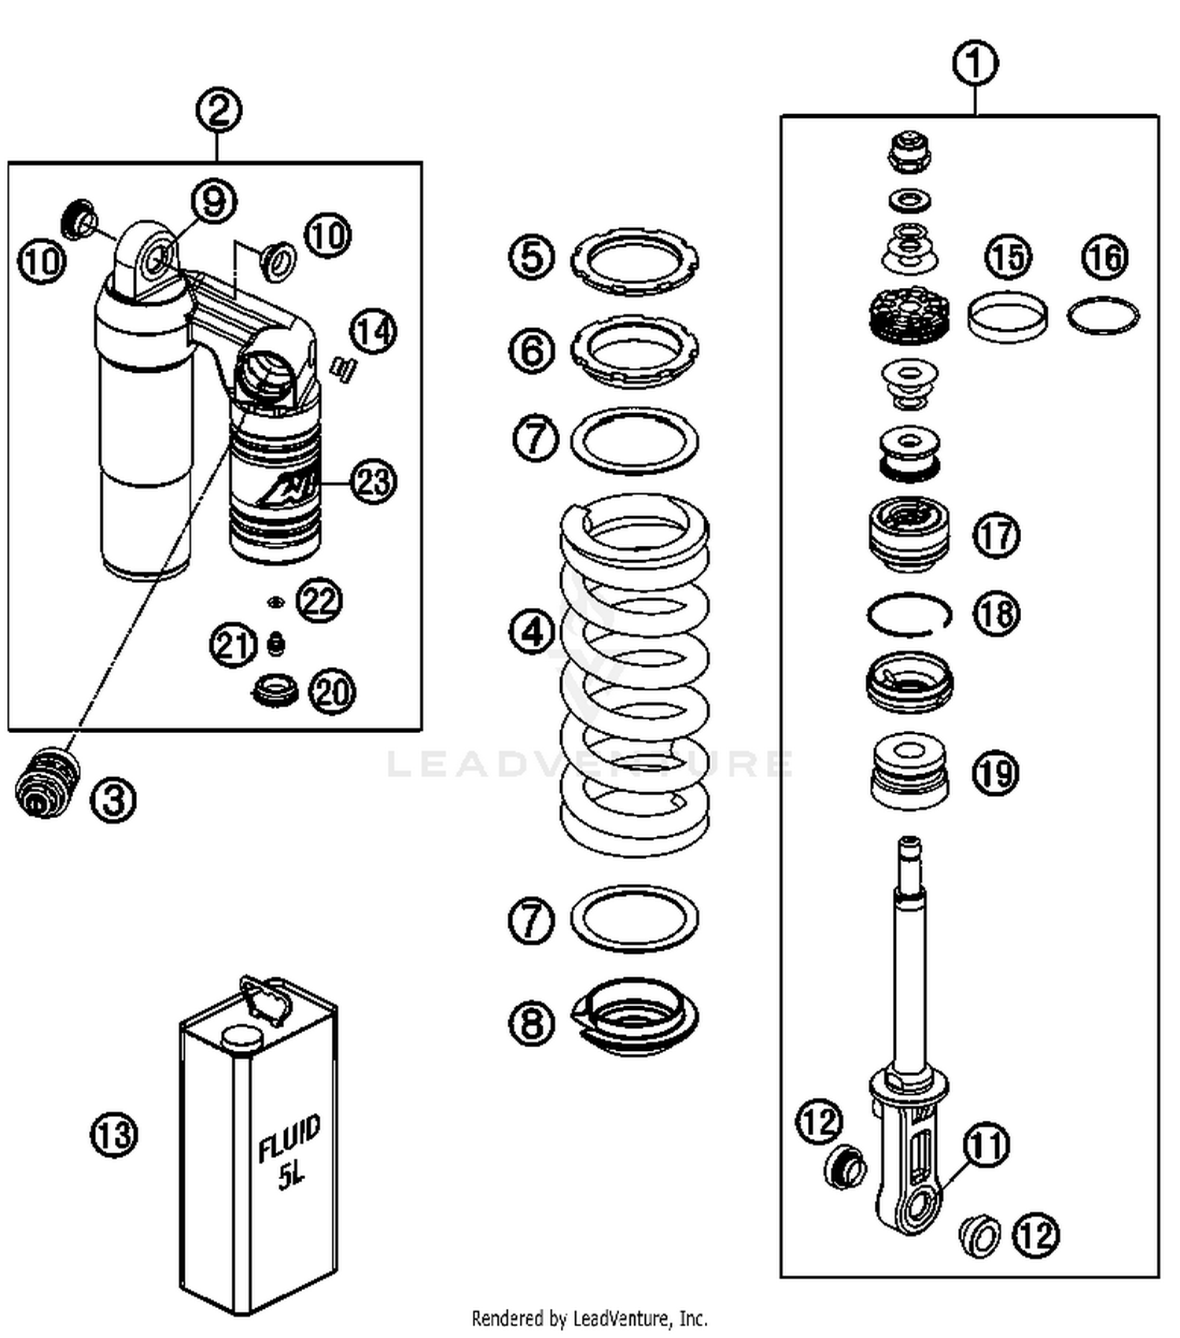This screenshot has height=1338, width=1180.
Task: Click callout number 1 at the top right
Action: pos(975,64)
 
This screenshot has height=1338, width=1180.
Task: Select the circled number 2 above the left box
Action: pos(219,110)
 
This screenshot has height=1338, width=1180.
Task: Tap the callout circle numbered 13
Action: pos(114,1134)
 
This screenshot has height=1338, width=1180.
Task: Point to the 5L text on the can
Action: pos(290,1177)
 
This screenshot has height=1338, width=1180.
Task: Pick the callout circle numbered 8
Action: pos(532,1023)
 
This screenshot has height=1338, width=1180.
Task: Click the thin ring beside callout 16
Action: pos(1103,315)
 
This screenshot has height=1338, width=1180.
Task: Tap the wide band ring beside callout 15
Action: pos(1007,317)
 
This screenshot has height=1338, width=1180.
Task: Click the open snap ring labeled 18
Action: pos(909,614)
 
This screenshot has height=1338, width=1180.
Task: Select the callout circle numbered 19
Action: pos(996,772)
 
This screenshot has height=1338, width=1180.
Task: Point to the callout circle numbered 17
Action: pos(996,535)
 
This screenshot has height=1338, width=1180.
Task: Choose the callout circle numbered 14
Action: pos(373,331)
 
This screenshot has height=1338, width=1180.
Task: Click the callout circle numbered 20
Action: pos(332,691)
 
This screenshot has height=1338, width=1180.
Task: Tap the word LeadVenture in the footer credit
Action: pos(625,1318)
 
